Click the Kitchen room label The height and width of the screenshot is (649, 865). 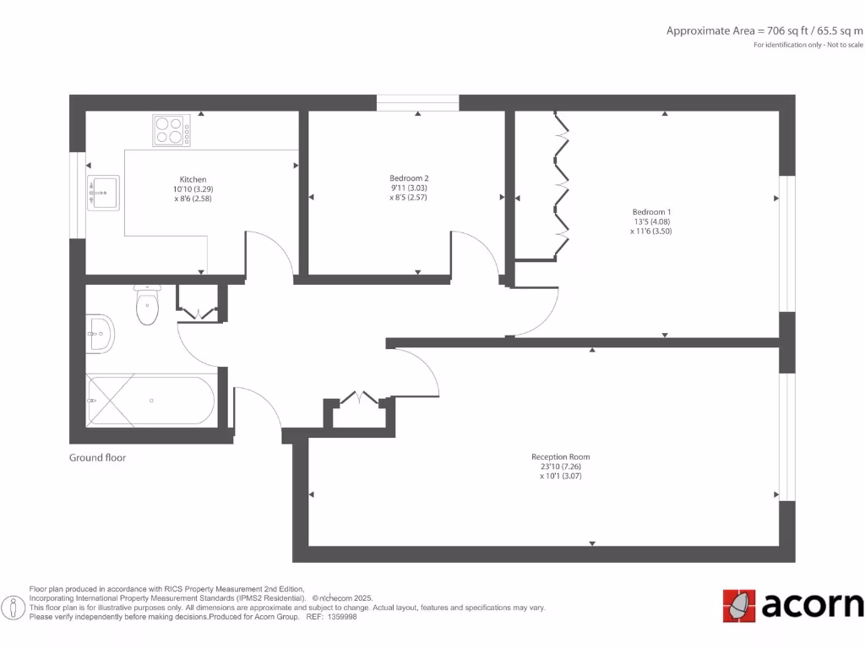[193, 179]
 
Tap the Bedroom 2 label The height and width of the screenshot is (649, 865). [409, 178]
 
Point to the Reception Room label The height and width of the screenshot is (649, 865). [561, 457]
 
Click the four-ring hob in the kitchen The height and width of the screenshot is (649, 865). [171, 130]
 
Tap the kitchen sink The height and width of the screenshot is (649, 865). [103, 193]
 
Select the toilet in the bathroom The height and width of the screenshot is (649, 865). [147, 306]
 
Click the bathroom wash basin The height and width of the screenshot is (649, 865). [99, 334]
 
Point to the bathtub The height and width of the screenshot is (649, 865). [151, 401]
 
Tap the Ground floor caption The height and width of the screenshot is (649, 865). [97, 458]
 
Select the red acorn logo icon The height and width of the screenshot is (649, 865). [739, 605]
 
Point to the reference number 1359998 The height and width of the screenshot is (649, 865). [341, 617]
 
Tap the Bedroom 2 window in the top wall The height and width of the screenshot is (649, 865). [417, 103]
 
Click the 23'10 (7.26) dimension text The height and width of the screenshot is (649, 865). [561, 466]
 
